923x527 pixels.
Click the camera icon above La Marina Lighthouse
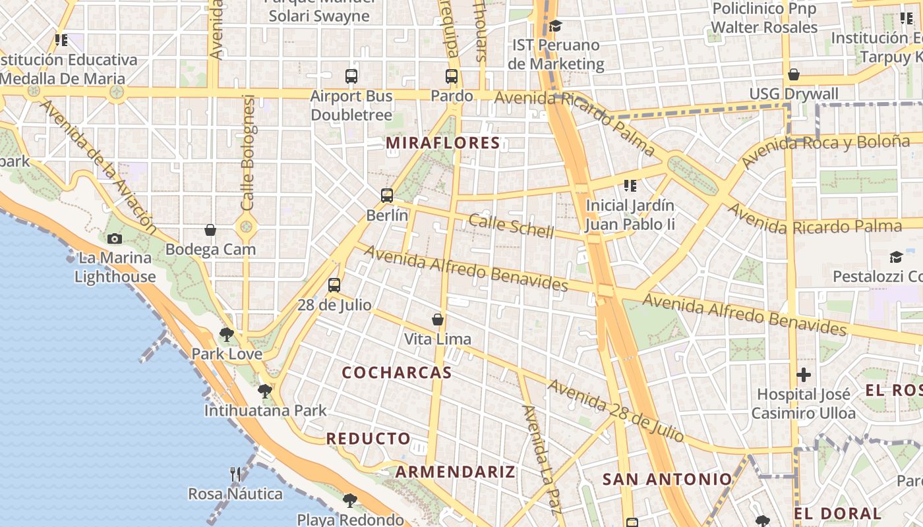pyautogui.click(x=115, y=238)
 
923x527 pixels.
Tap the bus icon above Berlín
pyautogui.click(x=387, y=196)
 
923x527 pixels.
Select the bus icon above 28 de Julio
pyautogui.click(x=334, y=285)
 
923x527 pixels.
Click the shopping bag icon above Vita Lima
pyautogui.click(x=438, y=320)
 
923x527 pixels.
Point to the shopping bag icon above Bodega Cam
pyautogui.click(x=210, y=230)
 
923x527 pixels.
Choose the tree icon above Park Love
pyautogui.click(x=227, y=335)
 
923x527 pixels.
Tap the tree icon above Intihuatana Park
pyautogui.click(x=265, y=391)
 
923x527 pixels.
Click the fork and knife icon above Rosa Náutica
pyautogui.click(x=235, y=474)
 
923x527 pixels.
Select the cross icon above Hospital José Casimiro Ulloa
pyautogui.click(x=803, y=375)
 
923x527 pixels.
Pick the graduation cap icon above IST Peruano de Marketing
pyautogui.click(x=556, y=26)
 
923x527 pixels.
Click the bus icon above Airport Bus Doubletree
pyautogui.click(x=351, y=76)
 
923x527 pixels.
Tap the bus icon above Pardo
pyautogui.click(x=452, y=76)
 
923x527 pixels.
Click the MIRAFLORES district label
pyautogui.click(x=443, y=143)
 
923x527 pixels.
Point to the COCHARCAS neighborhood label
pyautogui.click(x=397, y=373)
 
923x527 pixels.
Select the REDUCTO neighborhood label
pyautogui.click(x=368, y=439)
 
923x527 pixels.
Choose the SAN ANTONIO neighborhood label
pyautogui.click(x=667, y=480)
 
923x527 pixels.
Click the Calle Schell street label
pyautogui.click(x=511, y=225)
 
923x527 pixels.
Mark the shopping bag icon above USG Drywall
pyautogui.click(x=794, y=74)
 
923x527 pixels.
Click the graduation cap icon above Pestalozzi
pyautogui.click(x=896, y=257)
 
